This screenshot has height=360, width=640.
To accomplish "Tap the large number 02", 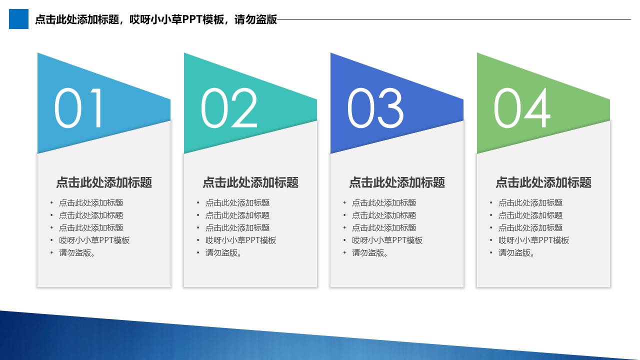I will [x=229, y=108].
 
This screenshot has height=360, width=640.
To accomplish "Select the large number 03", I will [x=375, y=108].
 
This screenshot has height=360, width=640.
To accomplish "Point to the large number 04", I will [x=521, y=108].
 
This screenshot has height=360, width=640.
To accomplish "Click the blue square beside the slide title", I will [x=18, y=19].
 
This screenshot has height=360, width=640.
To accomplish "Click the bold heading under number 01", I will [x=104, y=182].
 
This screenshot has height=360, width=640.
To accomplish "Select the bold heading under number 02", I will [x=250, y=182].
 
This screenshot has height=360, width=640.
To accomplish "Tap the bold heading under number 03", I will [x=397, y=182].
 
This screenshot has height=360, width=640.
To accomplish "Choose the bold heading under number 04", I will [x=543, y=182].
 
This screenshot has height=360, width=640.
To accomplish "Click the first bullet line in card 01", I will [x=91, y=203].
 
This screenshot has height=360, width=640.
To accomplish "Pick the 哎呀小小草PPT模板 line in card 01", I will [x=94, y=240].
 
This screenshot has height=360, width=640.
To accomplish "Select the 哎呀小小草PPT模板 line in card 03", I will [x=387, y=240].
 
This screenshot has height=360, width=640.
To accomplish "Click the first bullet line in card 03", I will [x=384, y=203].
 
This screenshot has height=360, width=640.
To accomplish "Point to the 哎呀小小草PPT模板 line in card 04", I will [x=533, y=240].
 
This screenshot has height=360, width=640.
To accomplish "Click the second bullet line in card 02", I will [x=237, y=215].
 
